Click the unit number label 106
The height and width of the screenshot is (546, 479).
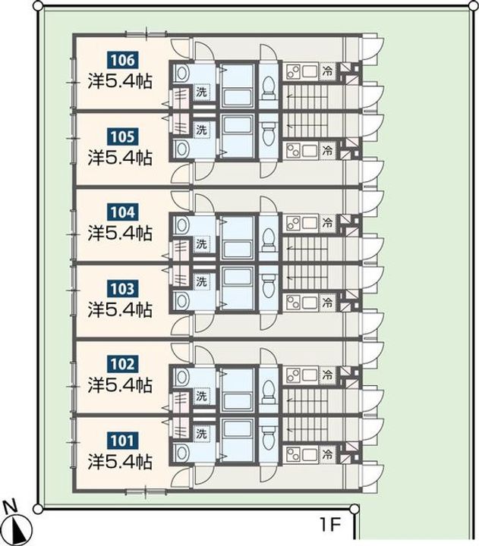[122, 60]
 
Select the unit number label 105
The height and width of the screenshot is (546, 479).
[122, 136]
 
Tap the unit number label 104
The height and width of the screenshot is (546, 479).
[122, 212]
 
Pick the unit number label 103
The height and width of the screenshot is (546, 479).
[122, 289]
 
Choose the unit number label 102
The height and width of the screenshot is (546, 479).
[122, 364]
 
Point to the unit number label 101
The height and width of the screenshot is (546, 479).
[122, 441]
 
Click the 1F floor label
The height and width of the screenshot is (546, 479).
[329, 525]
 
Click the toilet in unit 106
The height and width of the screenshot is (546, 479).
[269, 87]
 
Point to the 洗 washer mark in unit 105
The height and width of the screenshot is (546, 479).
[201, 130]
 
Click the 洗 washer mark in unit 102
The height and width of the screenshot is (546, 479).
[201, 396]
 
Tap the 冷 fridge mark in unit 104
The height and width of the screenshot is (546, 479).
[327, 222]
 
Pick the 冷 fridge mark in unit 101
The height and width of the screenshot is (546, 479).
[327, 453]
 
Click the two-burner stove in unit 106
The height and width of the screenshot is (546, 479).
[294, 72]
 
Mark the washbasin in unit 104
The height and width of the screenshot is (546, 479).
[181, 225]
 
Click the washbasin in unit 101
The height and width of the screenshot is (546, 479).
[181, 453]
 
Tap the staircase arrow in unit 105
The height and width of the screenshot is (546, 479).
[307, 125]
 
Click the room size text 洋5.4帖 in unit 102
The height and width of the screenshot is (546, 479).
[120, 385]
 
